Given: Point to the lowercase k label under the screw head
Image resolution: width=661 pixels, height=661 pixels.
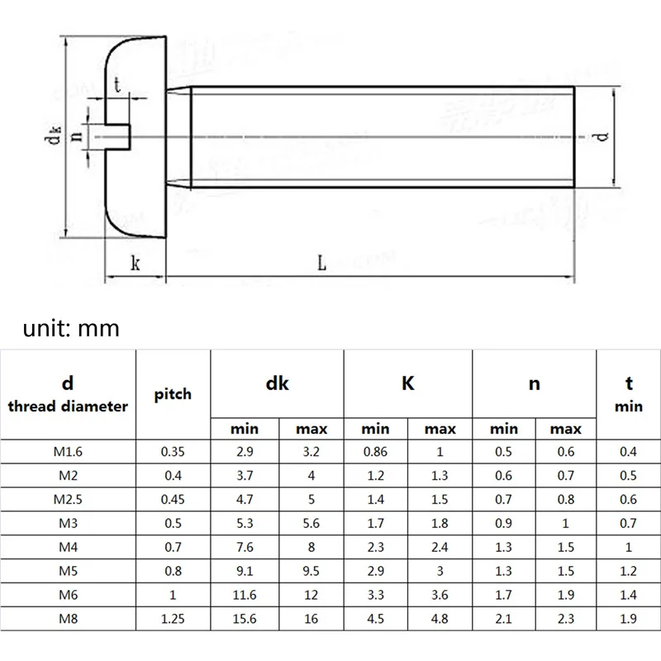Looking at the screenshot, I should tap(135, 264).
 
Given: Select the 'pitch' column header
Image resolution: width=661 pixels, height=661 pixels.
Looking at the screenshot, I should tap(173, 394).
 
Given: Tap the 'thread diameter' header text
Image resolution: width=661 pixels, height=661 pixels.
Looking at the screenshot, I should tap(68, 406).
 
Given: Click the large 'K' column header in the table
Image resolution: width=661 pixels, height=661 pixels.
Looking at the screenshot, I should tap(407, 383).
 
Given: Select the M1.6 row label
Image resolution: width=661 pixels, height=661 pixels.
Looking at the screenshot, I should tap(68, 451).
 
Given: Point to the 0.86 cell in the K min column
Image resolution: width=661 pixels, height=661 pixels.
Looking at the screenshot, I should tap(375, 451).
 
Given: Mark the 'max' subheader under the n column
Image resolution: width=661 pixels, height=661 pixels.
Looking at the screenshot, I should tap(566, 429).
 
